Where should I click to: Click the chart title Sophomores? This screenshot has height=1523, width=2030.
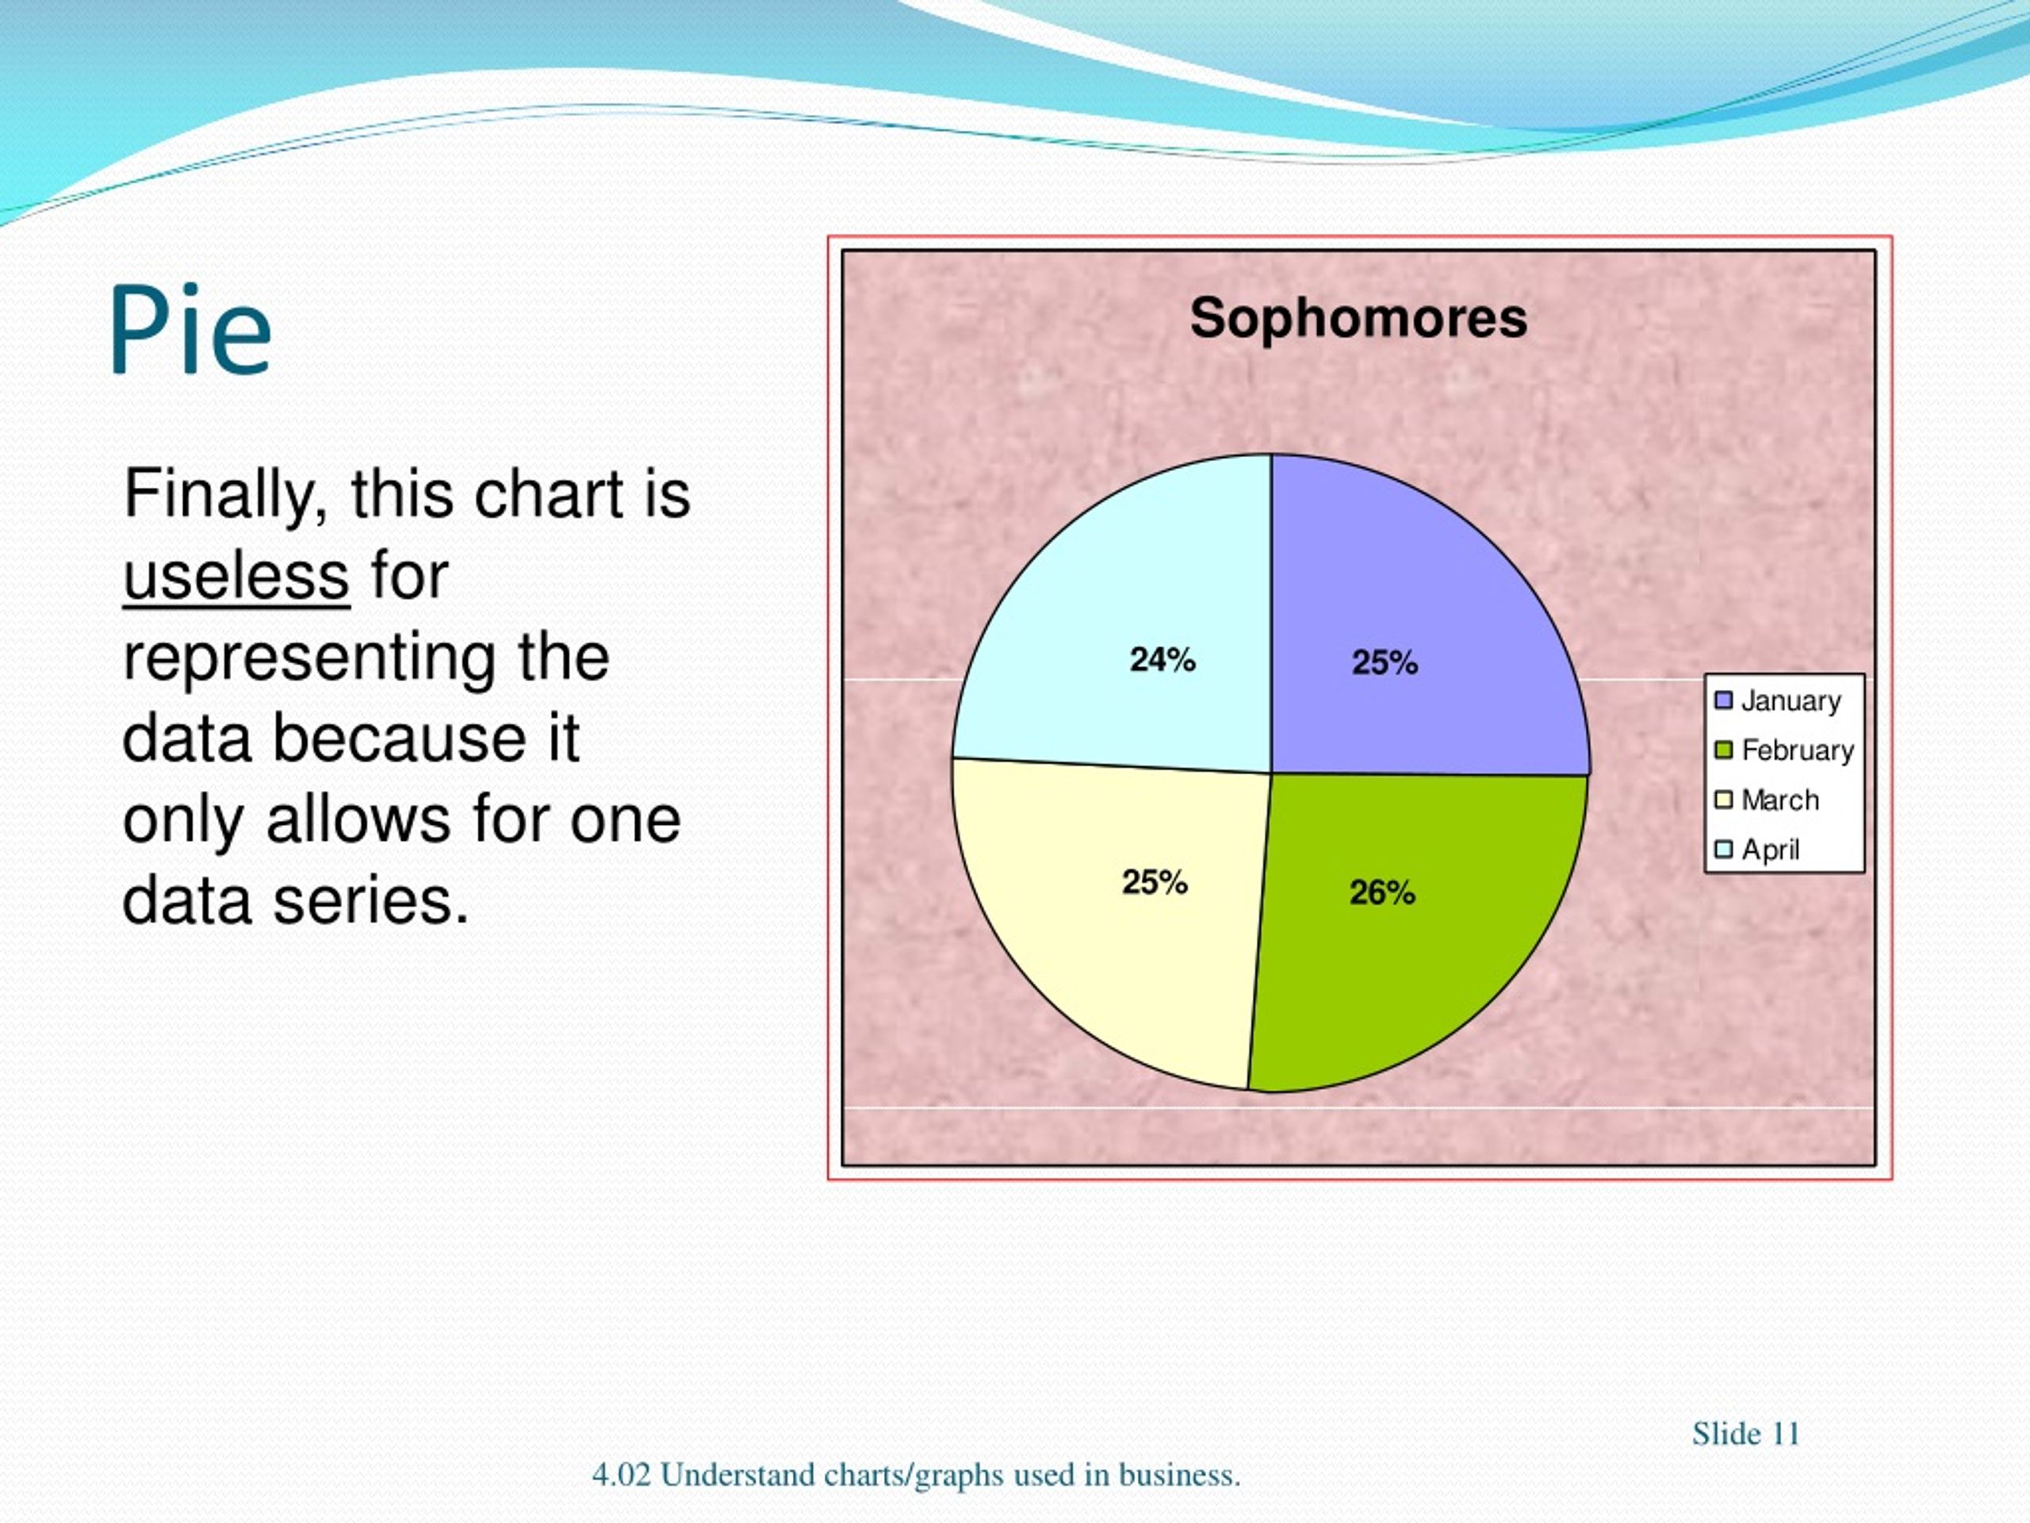point(1358,319)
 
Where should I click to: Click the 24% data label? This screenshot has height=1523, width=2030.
point(1162,660)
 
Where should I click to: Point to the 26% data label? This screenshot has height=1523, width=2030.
point(1383,892)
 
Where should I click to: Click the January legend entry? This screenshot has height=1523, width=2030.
point(1778,701)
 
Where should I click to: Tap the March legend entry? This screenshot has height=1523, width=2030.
point(1767,800)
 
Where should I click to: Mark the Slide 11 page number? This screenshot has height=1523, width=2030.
point(1745,1434)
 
